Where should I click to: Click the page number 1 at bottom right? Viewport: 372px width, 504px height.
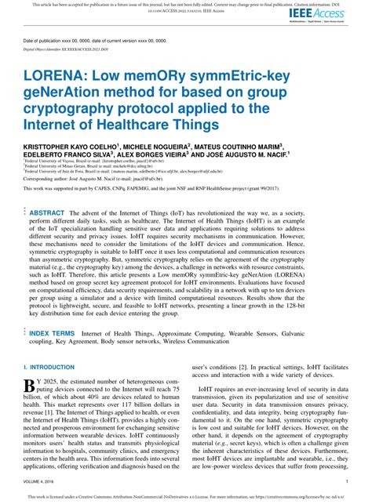[x=347, y=482]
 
